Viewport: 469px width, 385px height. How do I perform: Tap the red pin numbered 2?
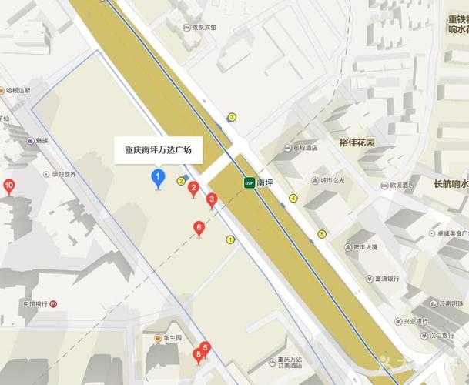(x=194, y=187)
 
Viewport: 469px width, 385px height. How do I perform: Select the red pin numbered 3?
(x=212, y=199)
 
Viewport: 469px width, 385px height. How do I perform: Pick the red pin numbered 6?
(x=199, y=227)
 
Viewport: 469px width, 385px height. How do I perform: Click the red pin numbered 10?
(x=9, y=186)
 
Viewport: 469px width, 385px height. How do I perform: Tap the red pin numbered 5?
(x=205, y=347)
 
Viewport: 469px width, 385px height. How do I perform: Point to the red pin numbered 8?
(x=199, y=355)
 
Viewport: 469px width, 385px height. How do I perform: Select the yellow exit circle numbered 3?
(x=231, y=117)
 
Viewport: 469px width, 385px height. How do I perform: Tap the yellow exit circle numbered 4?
(x=293, y=198)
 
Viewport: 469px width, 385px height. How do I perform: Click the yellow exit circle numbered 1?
(x=229, y=239)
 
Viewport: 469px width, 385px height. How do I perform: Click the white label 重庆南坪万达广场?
(x=159, y=150)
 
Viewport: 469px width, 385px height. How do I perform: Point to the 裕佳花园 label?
(x=356, y=143)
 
